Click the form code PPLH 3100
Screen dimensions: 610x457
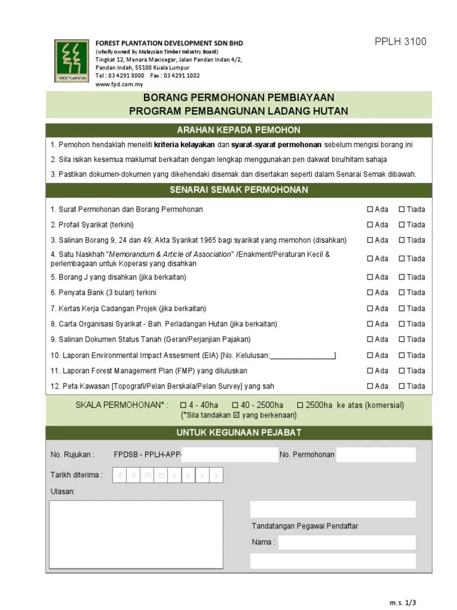coord(400,42)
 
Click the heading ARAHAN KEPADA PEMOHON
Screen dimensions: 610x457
coord(239,130)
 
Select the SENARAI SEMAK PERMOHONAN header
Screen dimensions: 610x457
coord(239,190)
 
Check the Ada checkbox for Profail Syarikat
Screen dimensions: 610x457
coord(370,225)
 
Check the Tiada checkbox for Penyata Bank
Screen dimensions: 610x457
coord(402,292)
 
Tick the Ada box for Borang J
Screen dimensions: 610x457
coord(370,277)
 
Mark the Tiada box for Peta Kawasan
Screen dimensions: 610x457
coord(402,386)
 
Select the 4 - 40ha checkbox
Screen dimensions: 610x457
coord(183,405)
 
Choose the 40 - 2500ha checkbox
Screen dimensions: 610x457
coord(235,405)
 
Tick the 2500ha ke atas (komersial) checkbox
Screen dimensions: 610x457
coord(300,405)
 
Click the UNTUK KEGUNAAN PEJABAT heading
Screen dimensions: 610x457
coord(239,432)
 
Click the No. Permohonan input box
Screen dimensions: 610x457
coord(375,455)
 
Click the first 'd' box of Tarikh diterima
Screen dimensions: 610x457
coord(120,475)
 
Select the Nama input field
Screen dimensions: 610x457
coord(347,543)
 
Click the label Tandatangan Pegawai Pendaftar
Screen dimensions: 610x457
coord(305,526)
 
